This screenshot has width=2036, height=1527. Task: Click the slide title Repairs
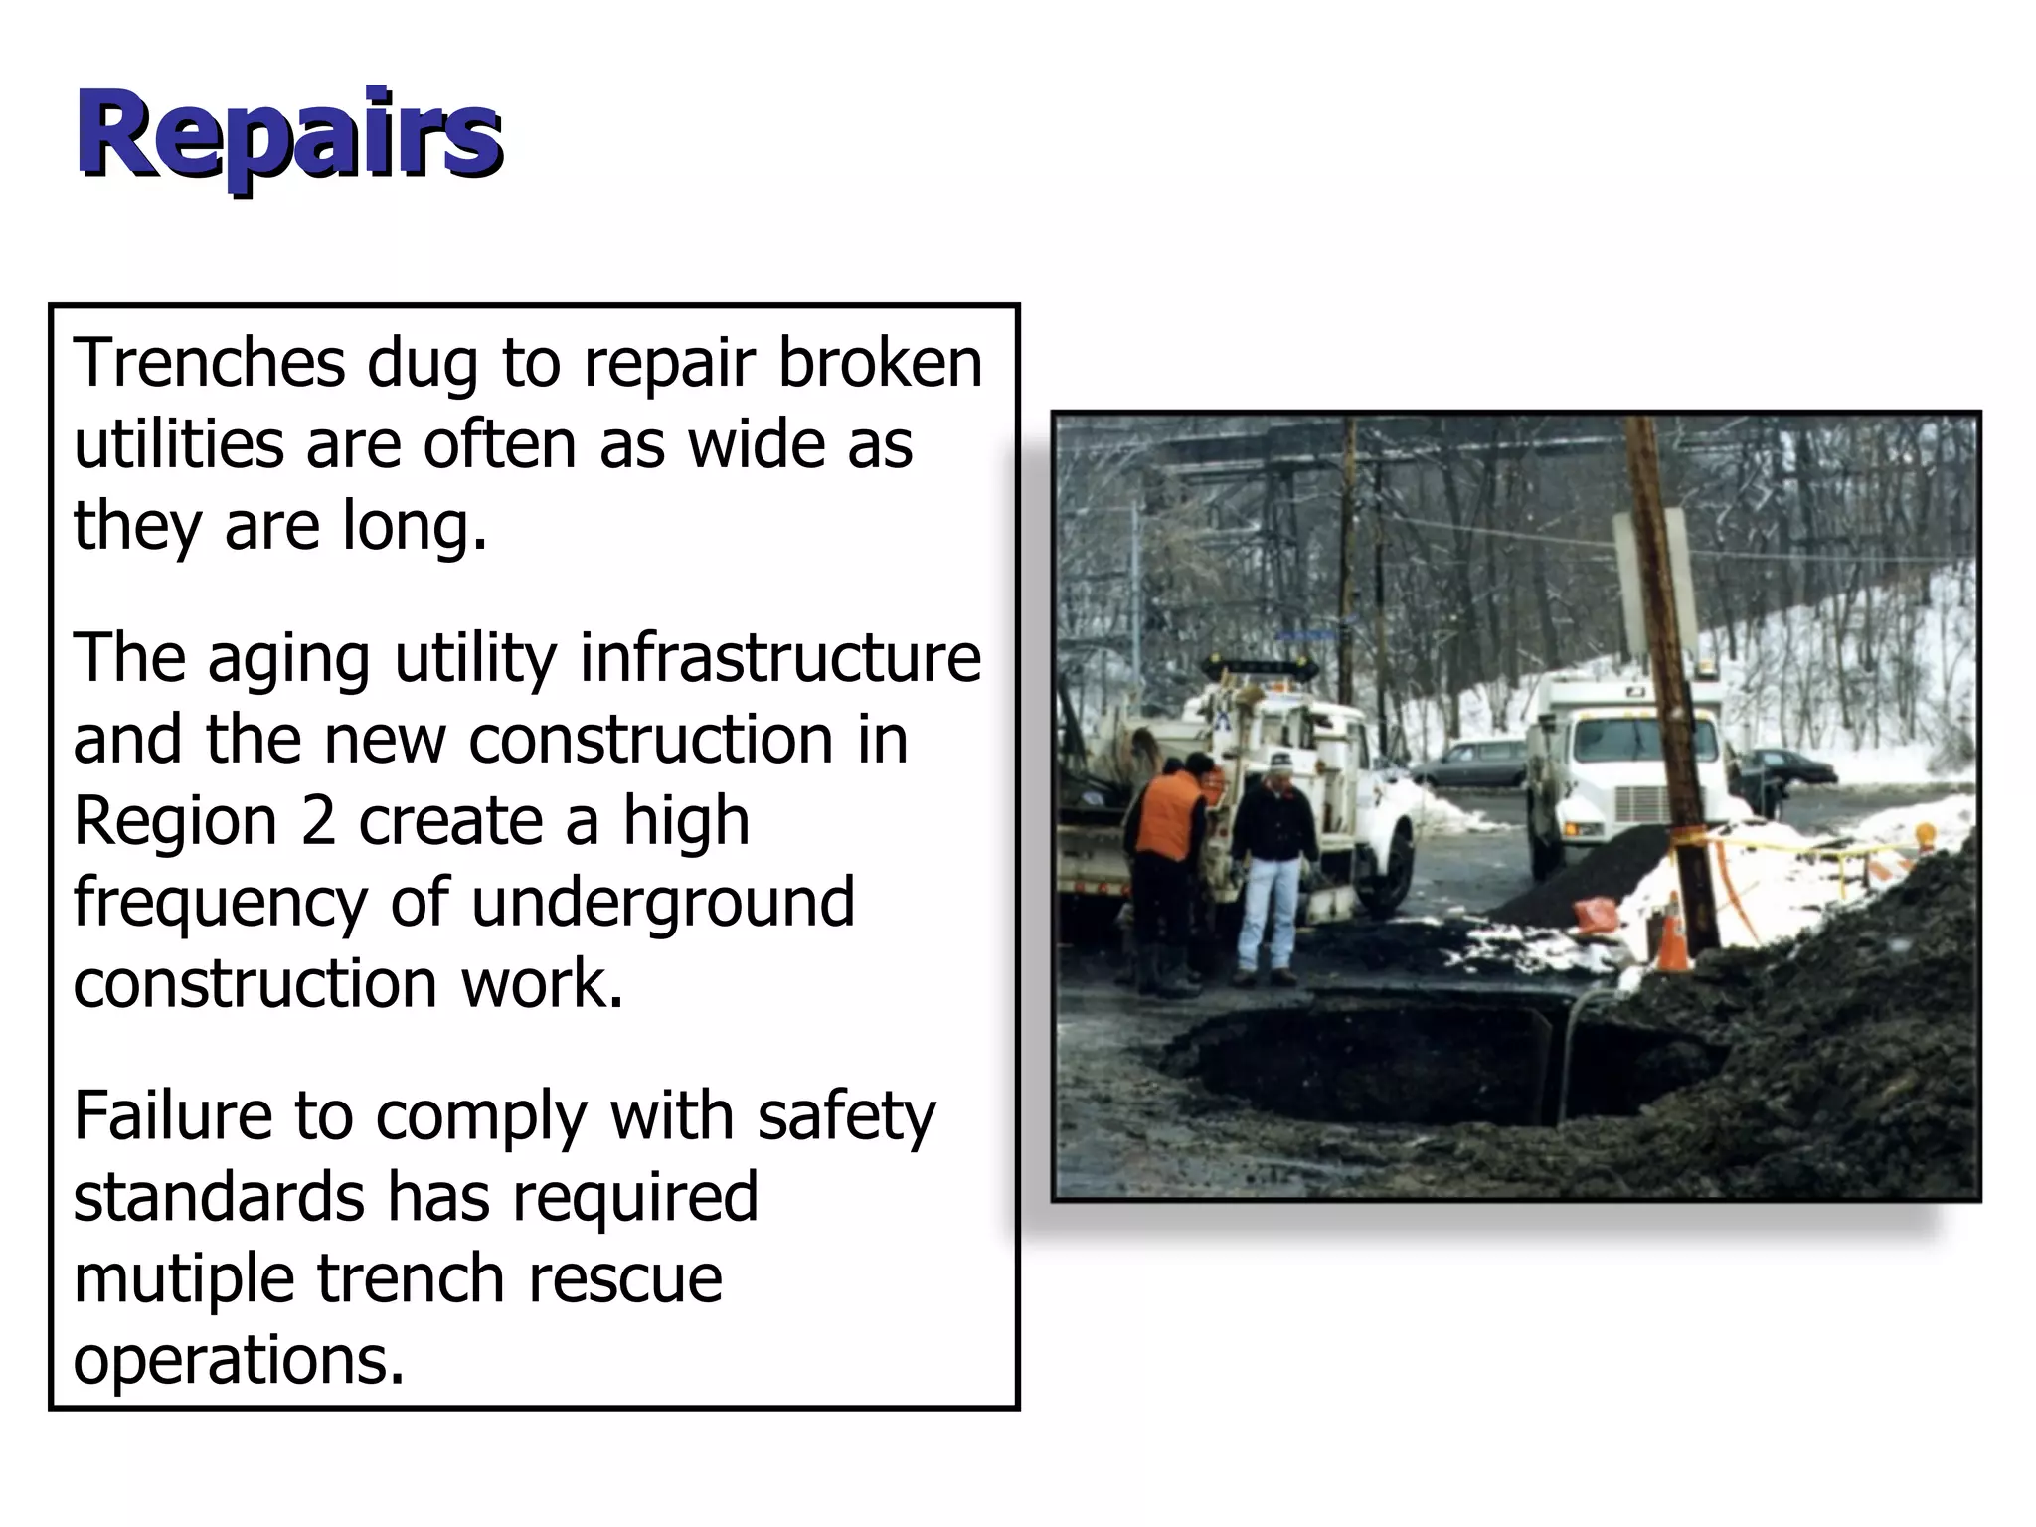pos(289,135)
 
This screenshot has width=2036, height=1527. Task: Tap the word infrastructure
pos(780,658)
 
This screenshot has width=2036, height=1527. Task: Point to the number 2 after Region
pos(318,821)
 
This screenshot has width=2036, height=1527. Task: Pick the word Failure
pos(171,1115)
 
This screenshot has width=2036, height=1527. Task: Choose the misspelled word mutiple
pos(183,1279)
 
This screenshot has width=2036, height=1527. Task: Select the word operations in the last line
pos(239,1360)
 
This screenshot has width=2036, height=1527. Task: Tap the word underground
pos(662,903)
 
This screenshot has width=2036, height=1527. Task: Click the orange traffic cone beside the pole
pos(1673,934)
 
